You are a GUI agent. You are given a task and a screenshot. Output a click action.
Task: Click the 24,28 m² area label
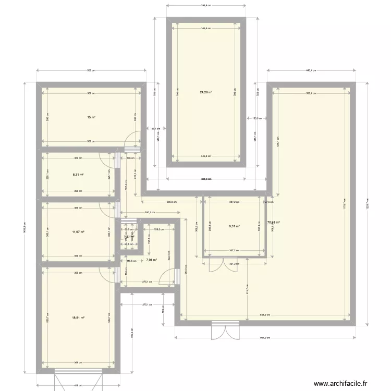point(206,92)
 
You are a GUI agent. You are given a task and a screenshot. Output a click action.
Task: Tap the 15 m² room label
point(91,117)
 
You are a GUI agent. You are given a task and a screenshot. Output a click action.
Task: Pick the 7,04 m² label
point(151,260)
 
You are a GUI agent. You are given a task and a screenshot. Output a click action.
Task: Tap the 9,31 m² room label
point(235,226)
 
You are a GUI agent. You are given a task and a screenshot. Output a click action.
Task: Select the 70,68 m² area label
point(273,223)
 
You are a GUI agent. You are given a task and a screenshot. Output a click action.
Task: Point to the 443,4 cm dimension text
point(311,70)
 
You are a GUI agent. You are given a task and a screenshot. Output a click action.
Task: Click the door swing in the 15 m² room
point(135,140)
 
